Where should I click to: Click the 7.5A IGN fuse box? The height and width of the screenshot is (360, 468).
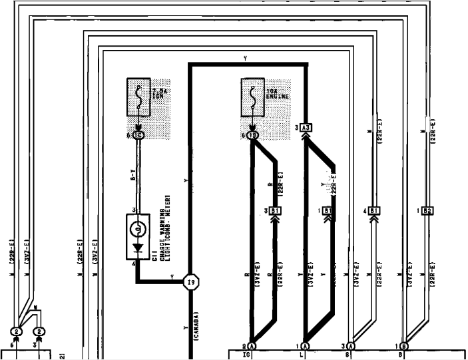point(138,99)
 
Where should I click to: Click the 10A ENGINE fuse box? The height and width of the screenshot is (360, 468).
point(252,99)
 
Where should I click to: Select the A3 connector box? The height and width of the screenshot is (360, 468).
point(306,127)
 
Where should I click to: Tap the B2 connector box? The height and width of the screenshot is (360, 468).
point(427,211)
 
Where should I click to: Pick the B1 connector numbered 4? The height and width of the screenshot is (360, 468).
point(374,211)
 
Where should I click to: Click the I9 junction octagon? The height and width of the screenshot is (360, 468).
point(191,281)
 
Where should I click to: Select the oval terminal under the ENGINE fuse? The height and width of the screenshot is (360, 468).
point(252,135)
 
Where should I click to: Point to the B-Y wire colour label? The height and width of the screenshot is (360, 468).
point(133,178)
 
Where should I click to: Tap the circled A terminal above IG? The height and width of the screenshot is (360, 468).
point(252,346)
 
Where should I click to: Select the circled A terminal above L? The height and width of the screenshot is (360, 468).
point(305,346)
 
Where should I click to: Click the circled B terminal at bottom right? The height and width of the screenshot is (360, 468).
point(404,346)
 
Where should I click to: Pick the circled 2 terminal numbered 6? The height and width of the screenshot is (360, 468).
point(16,331)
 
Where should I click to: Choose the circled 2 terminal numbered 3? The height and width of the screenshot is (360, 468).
point(39,331)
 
